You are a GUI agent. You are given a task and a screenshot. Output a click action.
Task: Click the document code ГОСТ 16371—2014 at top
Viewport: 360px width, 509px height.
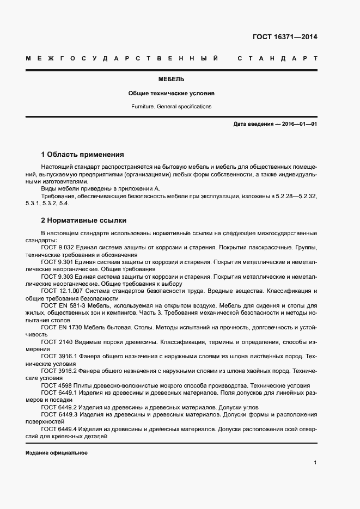[x=285, y=38]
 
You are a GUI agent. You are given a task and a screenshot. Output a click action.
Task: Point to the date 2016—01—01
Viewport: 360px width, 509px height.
[x=300, y=124]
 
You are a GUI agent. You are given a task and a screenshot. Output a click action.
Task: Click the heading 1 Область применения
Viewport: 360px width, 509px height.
[x=82, y=154]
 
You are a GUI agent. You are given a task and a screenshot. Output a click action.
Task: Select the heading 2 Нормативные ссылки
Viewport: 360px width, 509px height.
[x=83, y=220]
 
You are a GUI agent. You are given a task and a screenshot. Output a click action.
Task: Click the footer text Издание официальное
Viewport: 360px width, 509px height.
[x=56, y=453]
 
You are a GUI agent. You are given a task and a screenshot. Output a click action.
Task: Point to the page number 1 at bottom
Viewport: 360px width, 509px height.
[x=315, y=463]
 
